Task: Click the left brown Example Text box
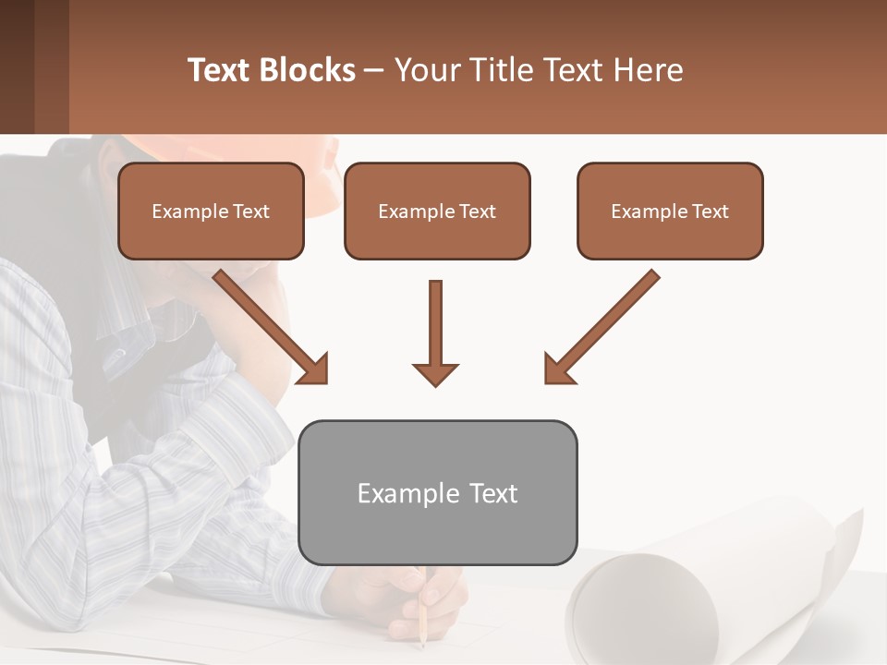coord(211,212)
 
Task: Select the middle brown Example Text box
coord(437,212)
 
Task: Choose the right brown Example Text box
coord(670,212)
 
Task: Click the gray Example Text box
coord(437,493)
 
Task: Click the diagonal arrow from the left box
coord(268,323)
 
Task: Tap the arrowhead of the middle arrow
coord(435,374)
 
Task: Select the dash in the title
coord(374,70)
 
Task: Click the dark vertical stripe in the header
coord(52,66)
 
